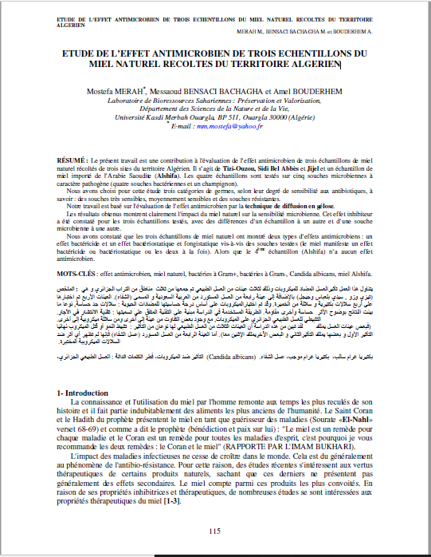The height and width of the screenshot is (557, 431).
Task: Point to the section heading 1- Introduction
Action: (x=89, y=393)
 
